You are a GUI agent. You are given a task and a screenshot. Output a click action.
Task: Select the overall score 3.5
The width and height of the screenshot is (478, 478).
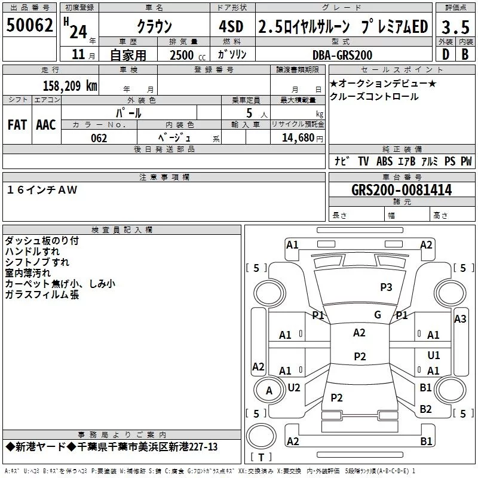(x=454, y=27)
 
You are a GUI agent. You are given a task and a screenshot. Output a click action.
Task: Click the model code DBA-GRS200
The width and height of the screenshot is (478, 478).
(x=342, y=55)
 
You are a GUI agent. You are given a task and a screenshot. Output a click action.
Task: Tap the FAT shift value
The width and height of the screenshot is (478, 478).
(x=17, y=124)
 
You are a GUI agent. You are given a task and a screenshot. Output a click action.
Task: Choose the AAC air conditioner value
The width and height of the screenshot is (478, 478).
(x=46, y=124)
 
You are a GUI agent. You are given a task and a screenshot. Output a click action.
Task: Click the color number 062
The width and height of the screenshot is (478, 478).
(x=99, y=138)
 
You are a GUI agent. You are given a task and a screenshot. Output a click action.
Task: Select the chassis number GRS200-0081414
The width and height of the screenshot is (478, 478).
(x=402, y=191)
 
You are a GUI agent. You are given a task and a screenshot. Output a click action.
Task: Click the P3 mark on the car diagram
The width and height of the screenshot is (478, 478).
(x=386, y=287)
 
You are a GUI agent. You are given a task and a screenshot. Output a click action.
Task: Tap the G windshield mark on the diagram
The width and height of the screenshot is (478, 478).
(x=378, y=315)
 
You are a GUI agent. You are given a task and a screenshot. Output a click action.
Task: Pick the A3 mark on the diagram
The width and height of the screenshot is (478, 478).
(x=459, y=319)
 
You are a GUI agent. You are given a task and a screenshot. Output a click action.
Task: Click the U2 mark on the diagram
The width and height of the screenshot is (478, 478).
(x=294, y=388)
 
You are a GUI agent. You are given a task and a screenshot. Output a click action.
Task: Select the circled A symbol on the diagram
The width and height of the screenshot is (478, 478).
(x=269, y=390)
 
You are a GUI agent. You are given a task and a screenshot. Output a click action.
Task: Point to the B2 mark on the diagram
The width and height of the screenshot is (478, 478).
(x=425, y=409)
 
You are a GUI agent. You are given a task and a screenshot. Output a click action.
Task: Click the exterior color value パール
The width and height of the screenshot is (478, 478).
(x=129, y=112)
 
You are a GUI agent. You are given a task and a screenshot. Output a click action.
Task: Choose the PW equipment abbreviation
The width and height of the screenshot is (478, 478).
(x=466, y=161)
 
